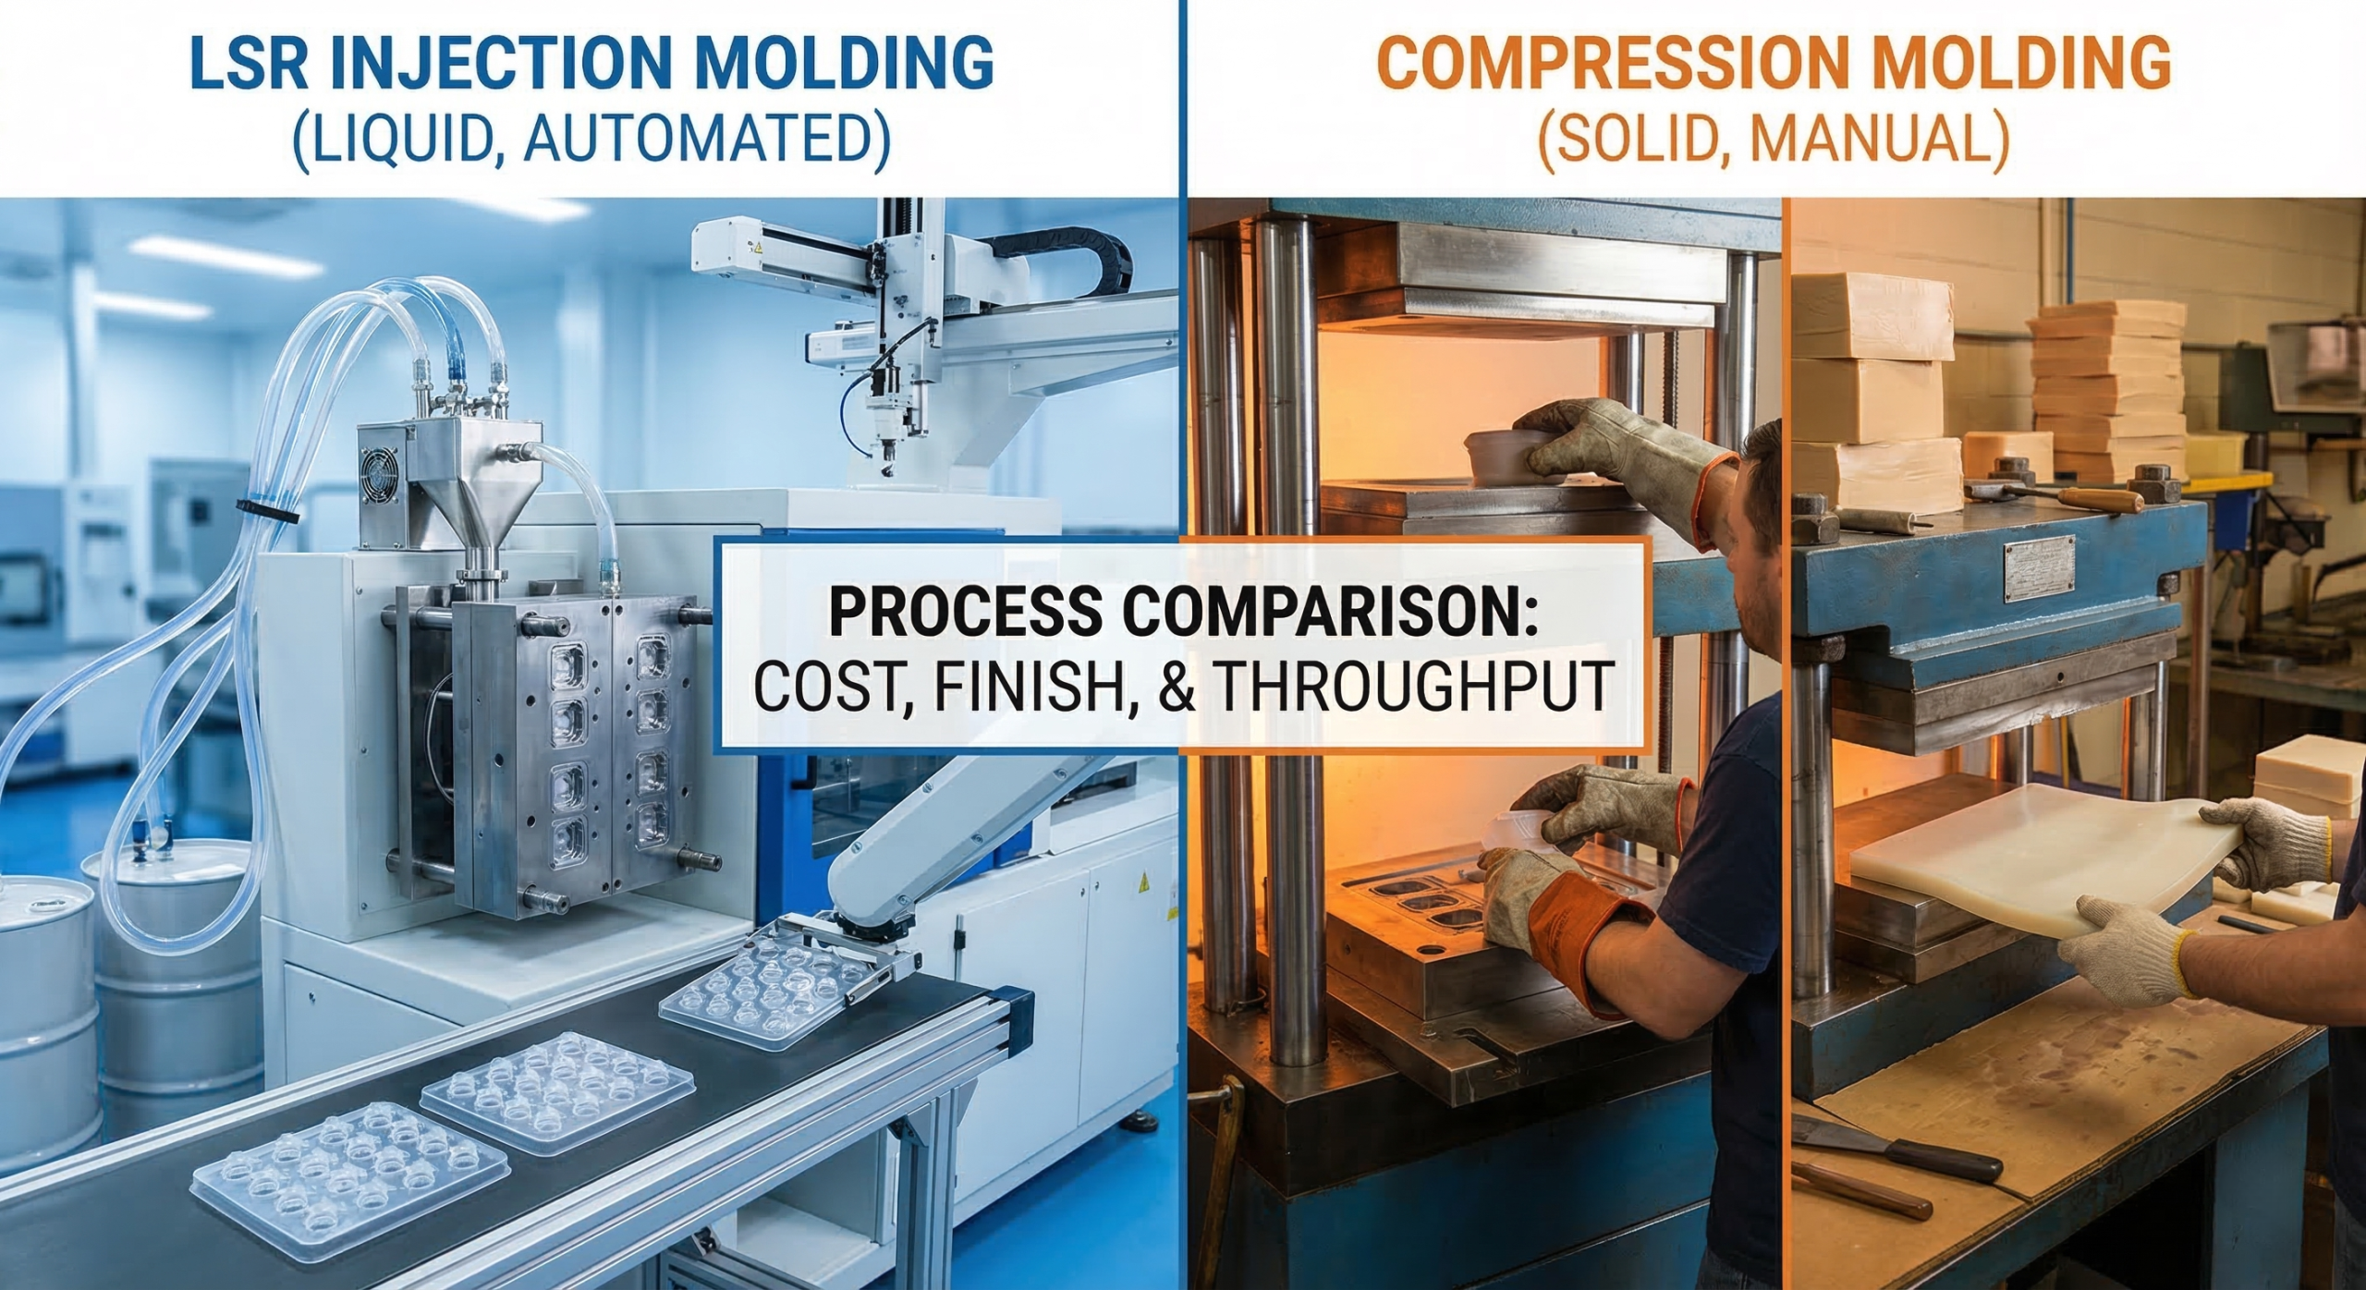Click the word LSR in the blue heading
[x=243, y=63]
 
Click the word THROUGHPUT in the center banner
[x=1413, y=686]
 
